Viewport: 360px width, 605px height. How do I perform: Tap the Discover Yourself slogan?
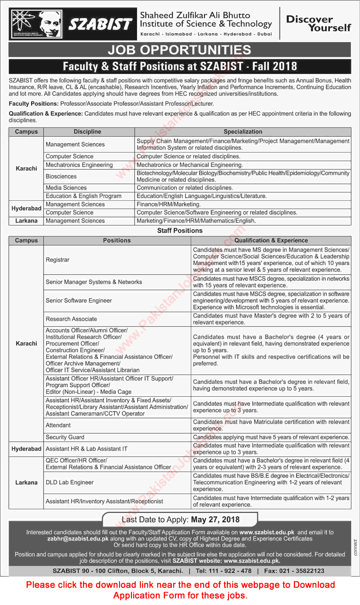pos(318,23)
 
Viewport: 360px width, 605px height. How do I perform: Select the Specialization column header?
pos(242,131)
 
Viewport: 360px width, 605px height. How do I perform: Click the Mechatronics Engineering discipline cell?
pos(79,165)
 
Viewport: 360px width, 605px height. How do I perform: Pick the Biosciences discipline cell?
pos(61,176)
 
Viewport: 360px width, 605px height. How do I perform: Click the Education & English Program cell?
pos(83,196)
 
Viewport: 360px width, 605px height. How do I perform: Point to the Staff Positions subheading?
pos(180,231)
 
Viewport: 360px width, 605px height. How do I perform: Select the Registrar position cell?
pos(58,259)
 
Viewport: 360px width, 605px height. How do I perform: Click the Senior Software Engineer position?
pos(79,301)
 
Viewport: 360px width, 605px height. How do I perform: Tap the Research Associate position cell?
pos(71,319)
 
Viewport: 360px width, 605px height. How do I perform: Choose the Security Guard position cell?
pos(65,437)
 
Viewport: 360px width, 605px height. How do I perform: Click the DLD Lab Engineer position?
pos(70,482)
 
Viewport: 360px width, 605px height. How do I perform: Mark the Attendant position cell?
pos(58,425)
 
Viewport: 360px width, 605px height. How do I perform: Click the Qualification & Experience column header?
pos(271,240)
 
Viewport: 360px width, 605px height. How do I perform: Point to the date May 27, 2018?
pos(216,519)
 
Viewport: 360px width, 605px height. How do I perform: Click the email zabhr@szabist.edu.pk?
pos(78,538)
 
